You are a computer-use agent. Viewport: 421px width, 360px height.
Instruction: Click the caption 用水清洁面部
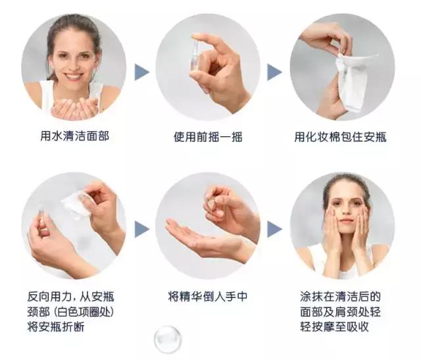[74, 137]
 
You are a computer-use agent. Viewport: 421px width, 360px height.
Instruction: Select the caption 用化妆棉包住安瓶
[340, 137]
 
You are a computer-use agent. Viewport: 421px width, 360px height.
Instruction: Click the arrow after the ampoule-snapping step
[142, 229]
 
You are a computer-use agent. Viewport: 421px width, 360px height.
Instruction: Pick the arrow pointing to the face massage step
[274, 229]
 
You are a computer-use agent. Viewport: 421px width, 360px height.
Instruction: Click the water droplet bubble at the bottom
[167, 340]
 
